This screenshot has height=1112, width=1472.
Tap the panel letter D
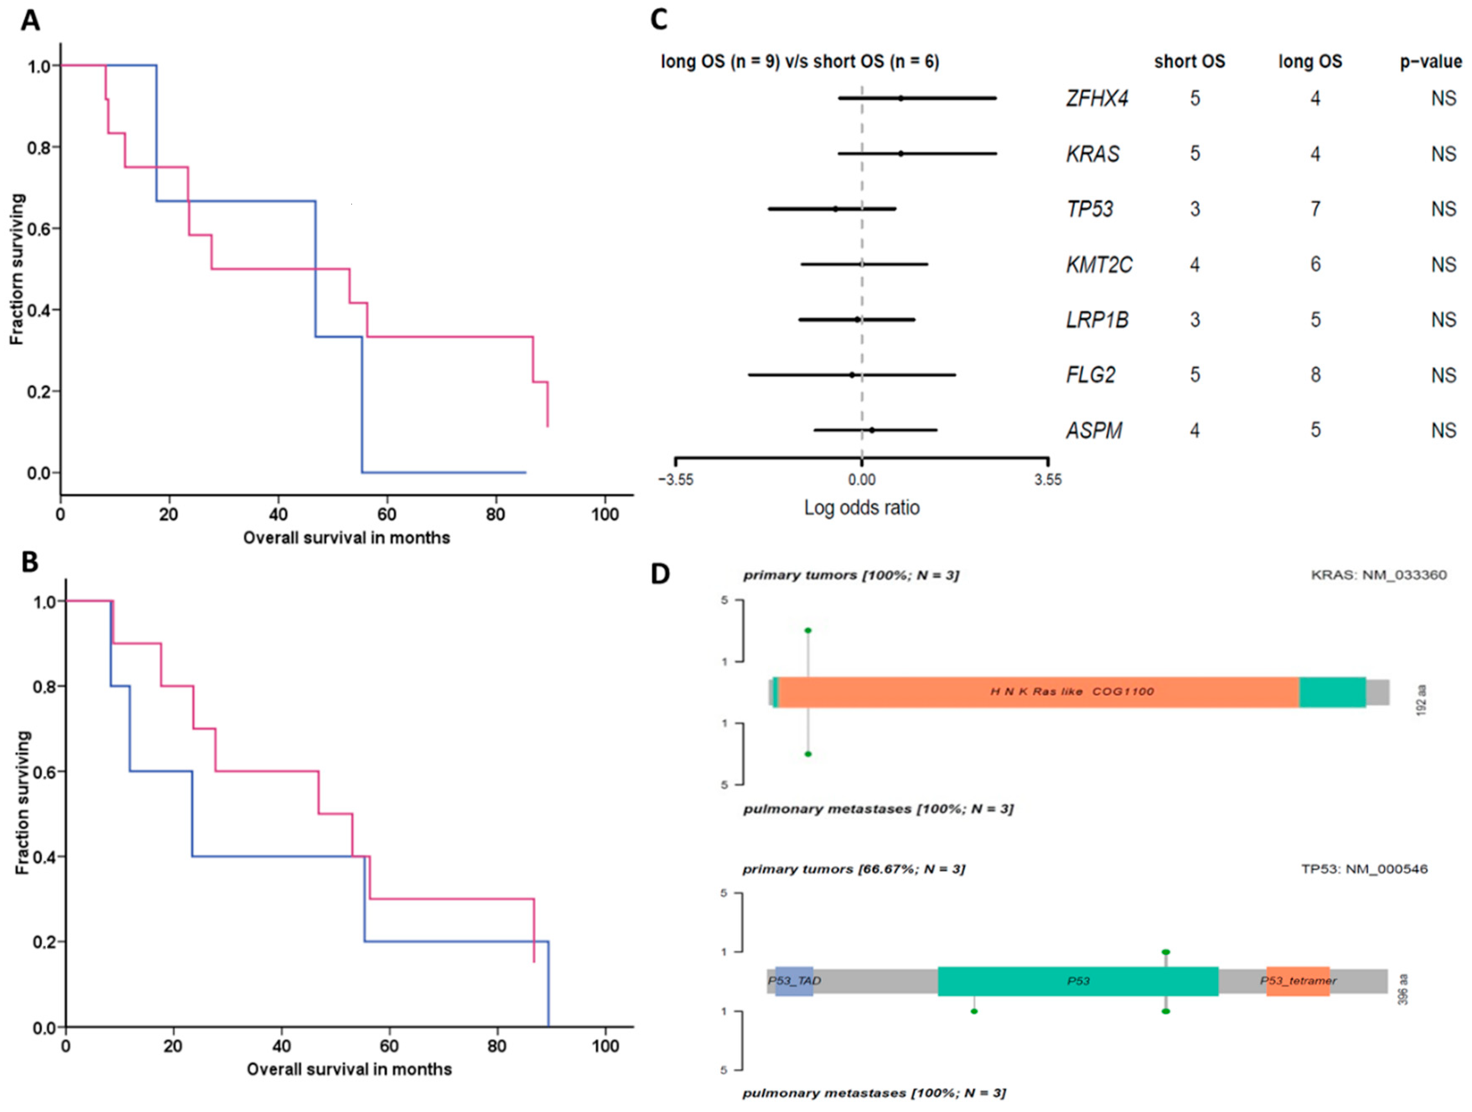(660, 574)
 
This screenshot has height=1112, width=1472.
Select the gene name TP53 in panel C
(1089, 209)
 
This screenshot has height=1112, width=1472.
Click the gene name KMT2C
(1099, 265)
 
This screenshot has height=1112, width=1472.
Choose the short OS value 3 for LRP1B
(1195, 320)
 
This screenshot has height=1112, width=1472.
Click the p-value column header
(1431, 62)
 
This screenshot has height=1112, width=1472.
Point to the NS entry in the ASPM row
(1444, 431)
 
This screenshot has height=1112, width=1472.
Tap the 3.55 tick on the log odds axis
(1048, 480)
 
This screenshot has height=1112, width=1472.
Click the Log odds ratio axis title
(862, 508)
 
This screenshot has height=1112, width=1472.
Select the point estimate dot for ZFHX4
(900, 98)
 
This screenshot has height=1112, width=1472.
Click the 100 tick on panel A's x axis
(604, 515)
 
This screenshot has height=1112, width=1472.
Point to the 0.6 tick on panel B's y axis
(45, 772)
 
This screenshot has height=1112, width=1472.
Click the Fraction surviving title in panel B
(23, 802)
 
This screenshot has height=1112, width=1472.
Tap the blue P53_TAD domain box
(794, 981)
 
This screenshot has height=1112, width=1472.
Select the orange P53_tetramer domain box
(1298, 981)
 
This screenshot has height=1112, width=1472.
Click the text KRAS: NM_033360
(1378, 575)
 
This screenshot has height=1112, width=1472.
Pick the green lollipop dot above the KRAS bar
(808, 630)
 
